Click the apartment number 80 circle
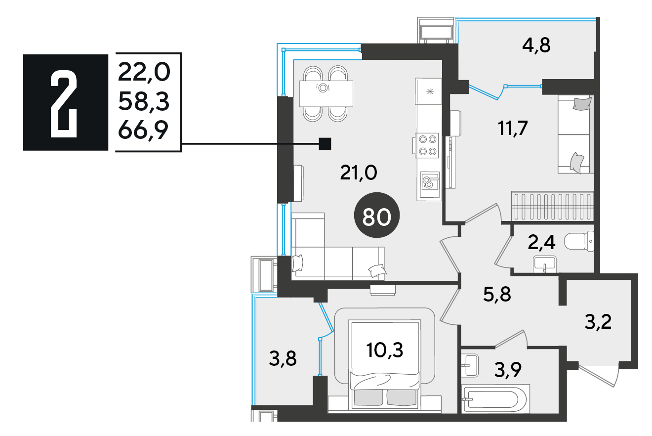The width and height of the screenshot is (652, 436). (x=377, y=215)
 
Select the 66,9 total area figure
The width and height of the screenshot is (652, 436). (x=143, y=130)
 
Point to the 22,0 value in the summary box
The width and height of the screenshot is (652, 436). (x=144, y=72)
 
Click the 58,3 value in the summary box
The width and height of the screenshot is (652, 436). (x=144, y=101)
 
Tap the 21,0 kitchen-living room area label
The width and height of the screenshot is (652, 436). (x=359, y=173)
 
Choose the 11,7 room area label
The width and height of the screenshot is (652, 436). (x=513, y=128)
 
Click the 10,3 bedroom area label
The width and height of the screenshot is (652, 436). (x=385, y=350)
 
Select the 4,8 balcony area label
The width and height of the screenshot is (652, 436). (x=536, y=46)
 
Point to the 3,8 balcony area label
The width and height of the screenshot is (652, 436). (x=283, y=358)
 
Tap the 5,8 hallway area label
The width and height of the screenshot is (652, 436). (x=497, y=294)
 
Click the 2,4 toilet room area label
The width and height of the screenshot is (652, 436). (x=541, y=243)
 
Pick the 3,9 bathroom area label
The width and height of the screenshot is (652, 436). (x=508, y=370)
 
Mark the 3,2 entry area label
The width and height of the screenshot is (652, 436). (x=598, y=322)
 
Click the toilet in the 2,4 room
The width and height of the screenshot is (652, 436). (x=579, y=241)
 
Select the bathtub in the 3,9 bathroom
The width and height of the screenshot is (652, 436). (x=495, y=398)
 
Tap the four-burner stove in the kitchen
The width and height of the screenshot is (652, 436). (x=427, y=146)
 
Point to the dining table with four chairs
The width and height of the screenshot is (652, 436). (x=326, y=94)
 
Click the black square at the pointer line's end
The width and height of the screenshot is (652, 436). (x=325, y=143)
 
